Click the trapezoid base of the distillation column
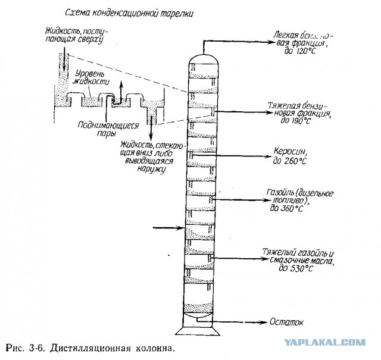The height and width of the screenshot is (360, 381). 198,330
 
